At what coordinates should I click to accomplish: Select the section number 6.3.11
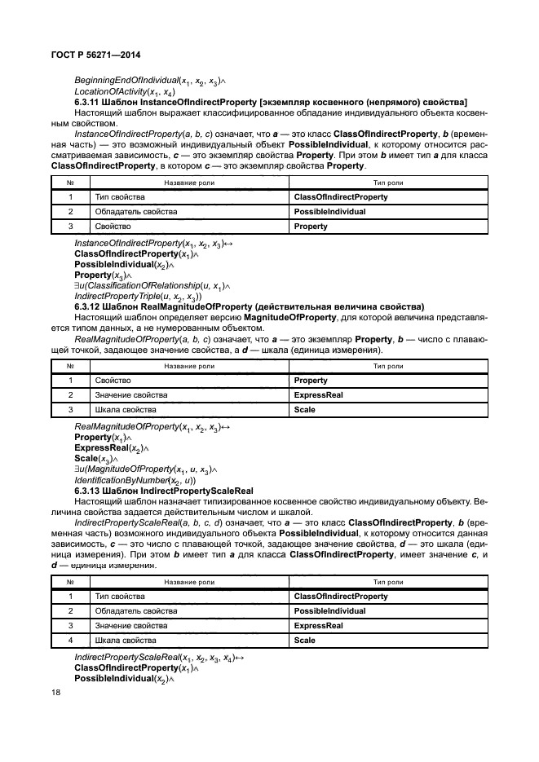(88, 101)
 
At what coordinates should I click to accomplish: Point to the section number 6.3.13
(88, 491)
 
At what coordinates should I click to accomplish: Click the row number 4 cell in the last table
(71, 641)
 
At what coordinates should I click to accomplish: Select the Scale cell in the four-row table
(304, 641)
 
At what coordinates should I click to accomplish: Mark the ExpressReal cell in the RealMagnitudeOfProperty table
(318, 394)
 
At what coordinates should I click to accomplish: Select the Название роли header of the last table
(189, 582)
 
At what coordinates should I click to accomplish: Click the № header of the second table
(71, 366)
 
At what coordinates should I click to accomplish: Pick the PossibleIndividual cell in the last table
(329, 611)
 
